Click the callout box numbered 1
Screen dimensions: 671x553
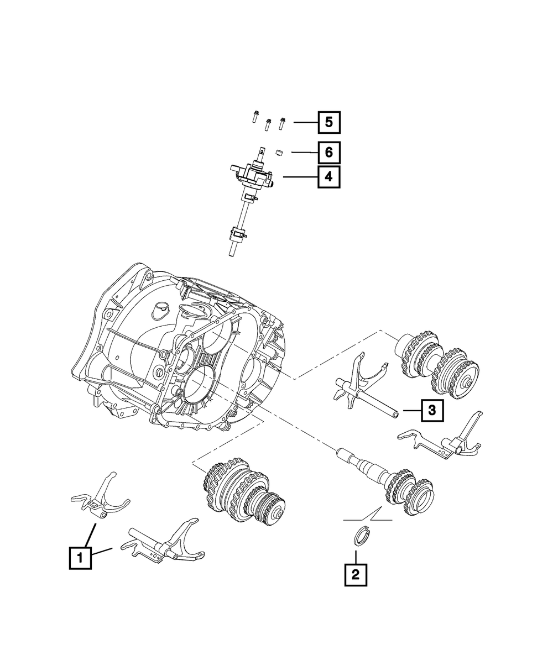[80, 558]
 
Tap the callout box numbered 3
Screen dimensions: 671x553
[432, 410]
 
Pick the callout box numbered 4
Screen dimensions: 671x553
[328, 177]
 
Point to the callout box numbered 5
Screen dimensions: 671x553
[328, 122]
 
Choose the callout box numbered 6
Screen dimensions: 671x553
[328, 151]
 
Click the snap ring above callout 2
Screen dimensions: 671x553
[361, 538]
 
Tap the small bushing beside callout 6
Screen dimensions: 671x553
[280, 151]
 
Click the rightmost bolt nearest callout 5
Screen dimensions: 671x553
[283, 123]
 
